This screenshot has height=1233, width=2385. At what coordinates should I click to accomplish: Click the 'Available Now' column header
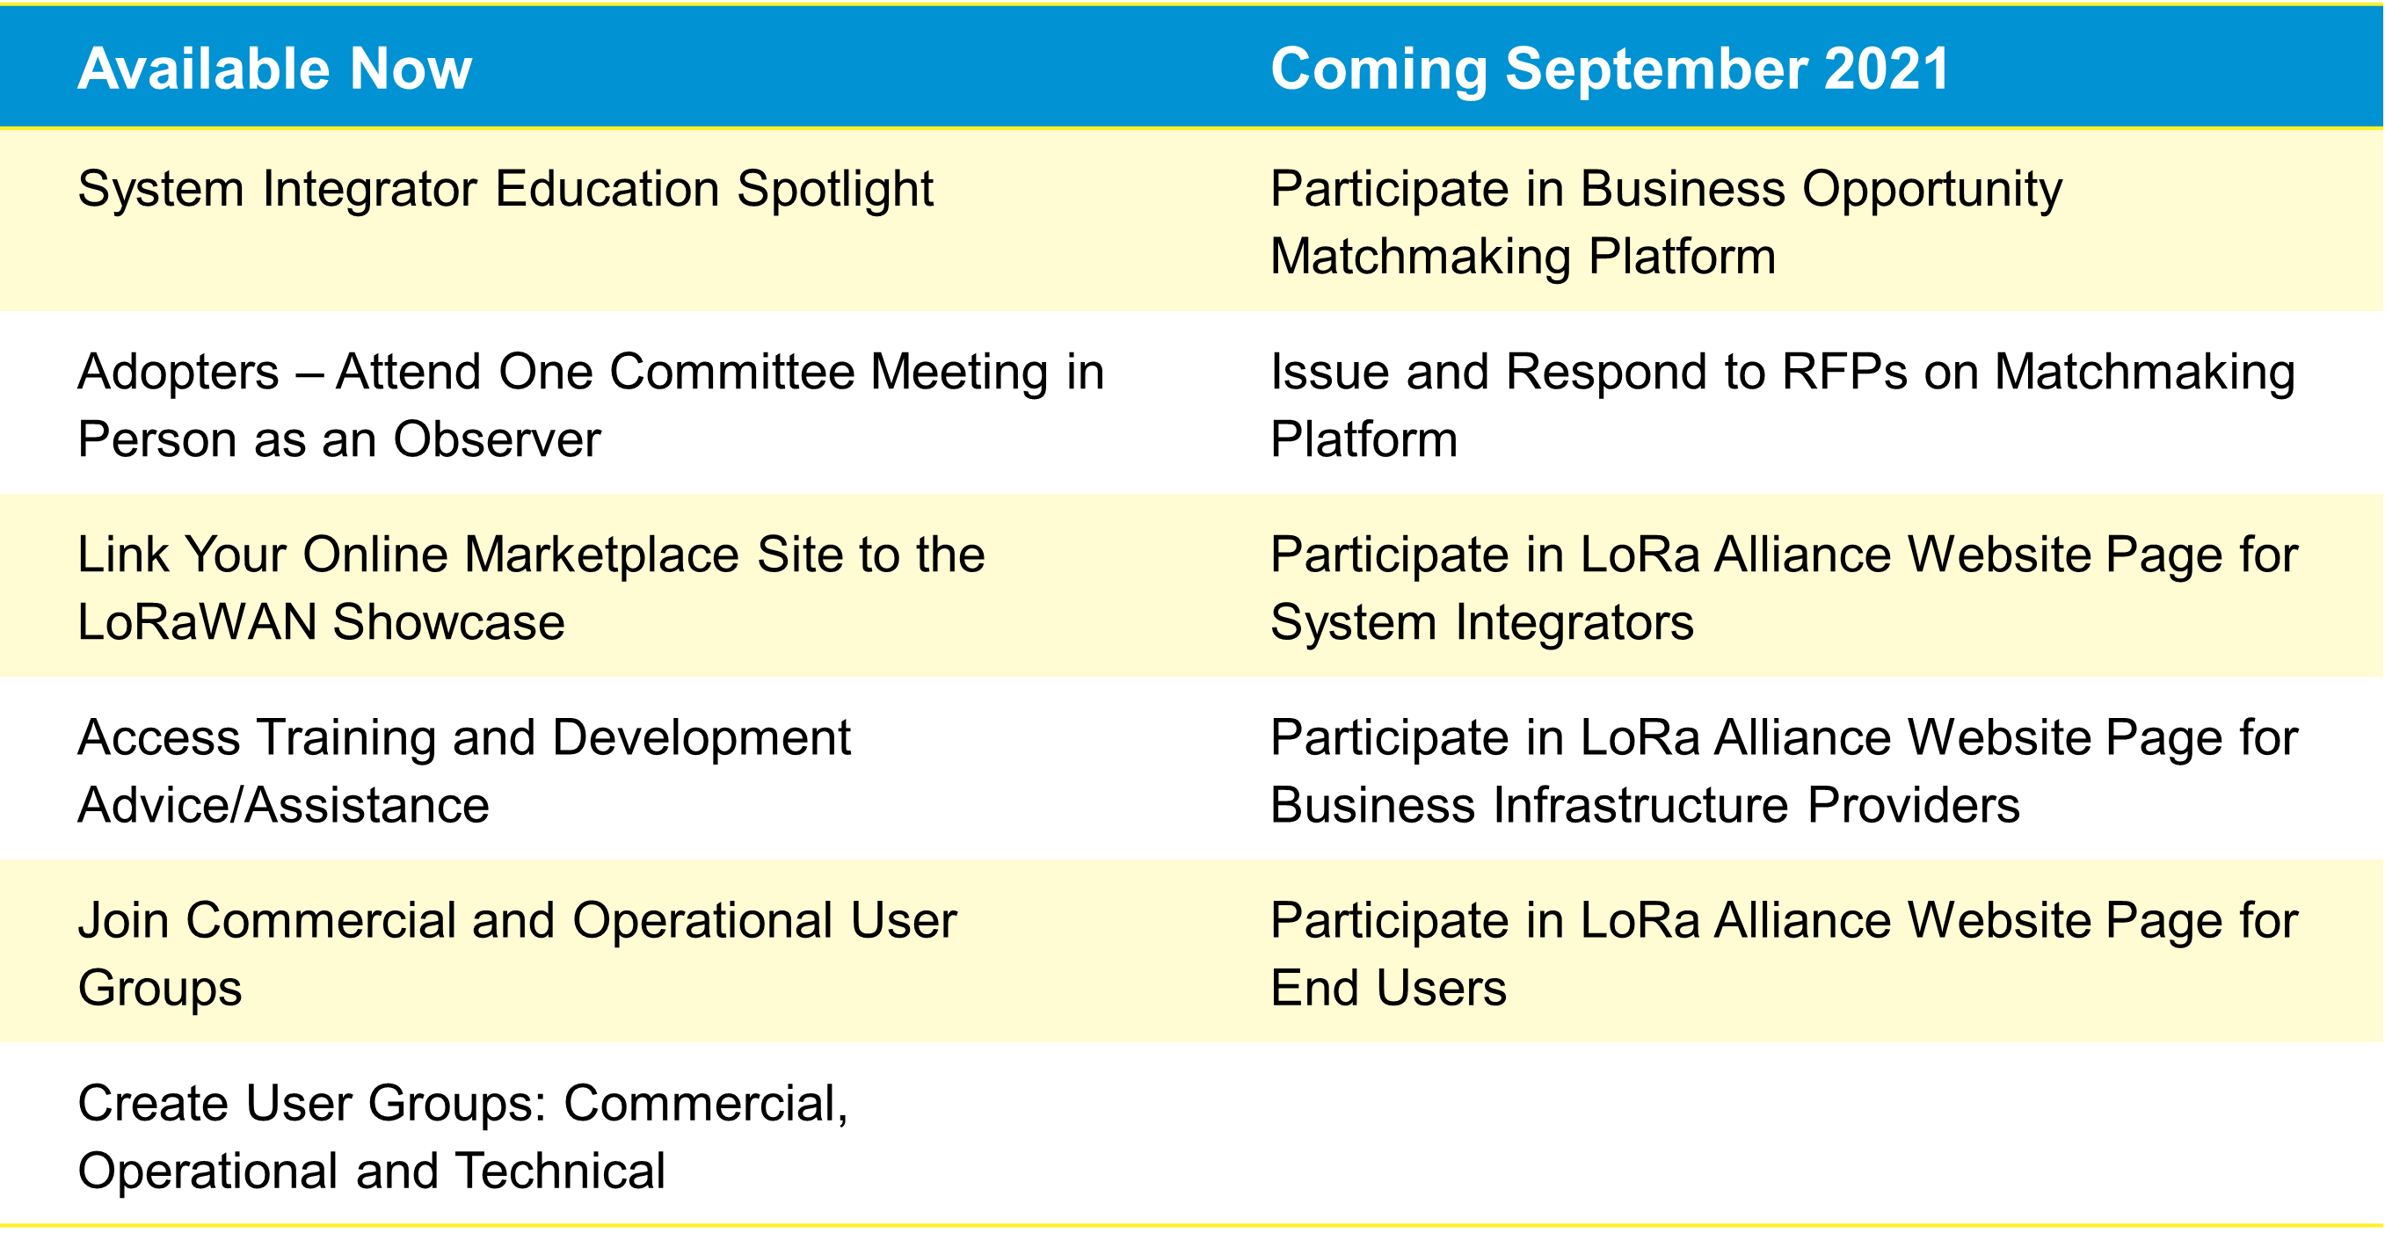[275, 69]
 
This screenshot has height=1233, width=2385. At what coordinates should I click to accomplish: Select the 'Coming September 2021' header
[1610, 70]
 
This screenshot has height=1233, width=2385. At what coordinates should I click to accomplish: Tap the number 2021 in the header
[1887, 69]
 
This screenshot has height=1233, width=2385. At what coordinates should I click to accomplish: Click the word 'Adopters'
[178, 372]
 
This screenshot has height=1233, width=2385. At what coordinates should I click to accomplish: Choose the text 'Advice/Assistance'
[283, 805]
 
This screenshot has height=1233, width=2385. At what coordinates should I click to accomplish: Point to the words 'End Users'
[1389, 989]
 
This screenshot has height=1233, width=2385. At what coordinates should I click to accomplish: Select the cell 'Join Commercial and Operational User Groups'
[517, 955]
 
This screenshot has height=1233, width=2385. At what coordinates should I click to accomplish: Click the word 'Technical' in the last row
[560, 1171]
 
